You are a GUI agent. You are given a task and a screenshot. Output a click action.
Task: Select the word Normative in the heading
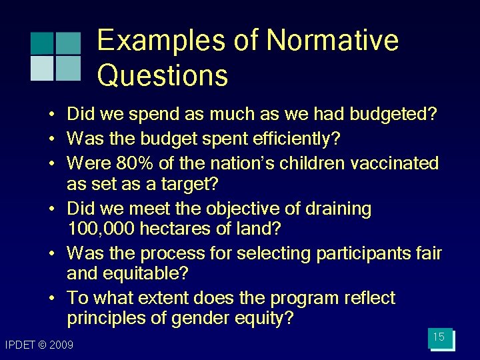click(332, 41)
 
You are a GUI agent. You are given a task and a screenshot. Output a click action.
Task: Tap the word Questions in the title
click(163, 75)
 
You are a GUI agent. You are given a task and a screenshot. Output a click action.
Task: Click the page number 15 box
click(439, 337)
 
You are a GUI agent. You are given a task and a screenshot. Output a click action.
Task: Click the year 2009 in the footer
click(62, 345)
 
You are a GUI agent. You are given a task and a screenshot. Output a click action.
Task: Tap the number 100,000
click(101, 229)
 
